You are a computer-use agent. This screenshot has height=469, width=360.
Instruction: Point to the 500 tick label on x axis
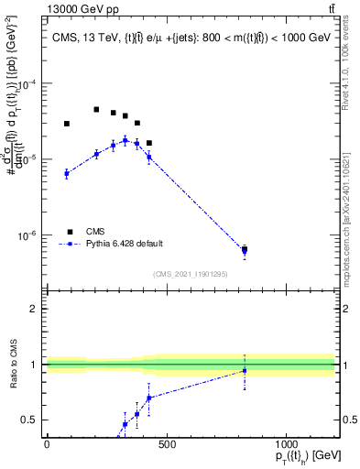coord(166,444)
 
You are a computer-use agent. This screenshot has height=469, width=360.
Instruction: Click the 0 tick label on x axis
coord(47,444)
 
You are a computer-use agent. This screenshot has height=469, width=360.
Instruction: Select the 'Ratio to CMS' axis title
coord(12,365)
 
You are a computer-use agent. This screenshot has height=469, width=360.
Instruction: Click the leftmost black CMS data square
coord(67,124)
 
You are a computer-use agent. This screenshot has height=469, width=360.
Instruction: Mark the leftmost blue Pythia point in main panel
coord(67,173)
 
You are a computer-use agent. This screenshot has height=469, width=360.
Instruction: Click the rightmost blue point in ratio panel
coord(245,371)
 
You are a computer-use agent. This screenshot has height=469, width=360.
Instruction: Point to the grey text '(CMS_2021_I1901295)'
coord(191,273)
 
